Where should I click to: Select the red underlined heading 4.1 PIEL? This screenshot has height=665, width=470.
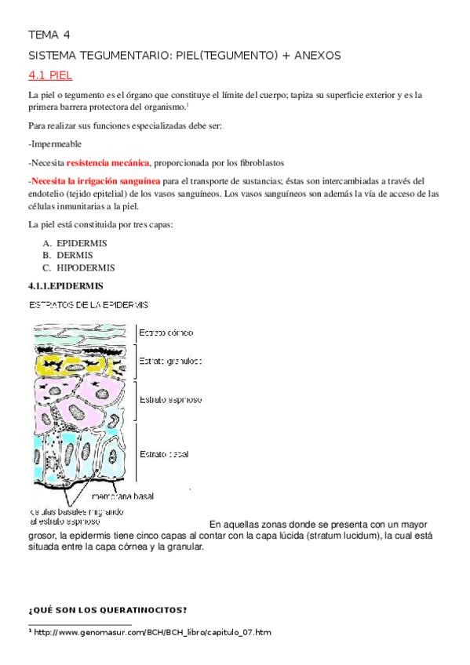coord(49,75)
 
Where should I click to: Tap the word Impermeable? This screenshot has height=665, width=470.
coord(55,144)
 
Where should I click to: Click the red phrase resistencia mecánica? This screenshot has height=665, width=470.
coord(108,163)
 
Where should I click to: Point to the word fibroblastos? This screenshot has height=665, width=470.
coord(257,163)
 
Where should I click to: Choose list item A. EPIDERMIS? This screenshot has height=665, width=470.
coord(75,243)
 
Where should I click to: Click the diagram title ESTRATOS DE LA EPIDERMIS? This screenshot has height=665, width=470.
coord(89,304)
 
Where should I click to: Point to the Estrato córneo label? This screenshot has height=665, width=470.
coord(166,332)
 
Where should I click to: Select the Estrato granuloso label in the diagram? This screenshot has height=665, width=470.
coord(170,362)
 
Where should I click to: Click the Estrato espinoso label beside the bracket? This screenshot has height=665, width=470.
coord(170,399)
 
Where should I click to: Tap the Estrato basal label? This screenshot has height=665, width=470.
coord(164,454)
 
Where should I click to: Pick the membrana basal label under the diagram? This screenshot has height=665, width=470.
coord(122,497)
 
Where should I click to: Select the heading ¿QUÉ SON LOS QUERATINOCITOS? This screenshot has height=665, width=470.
coord(107,610)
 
